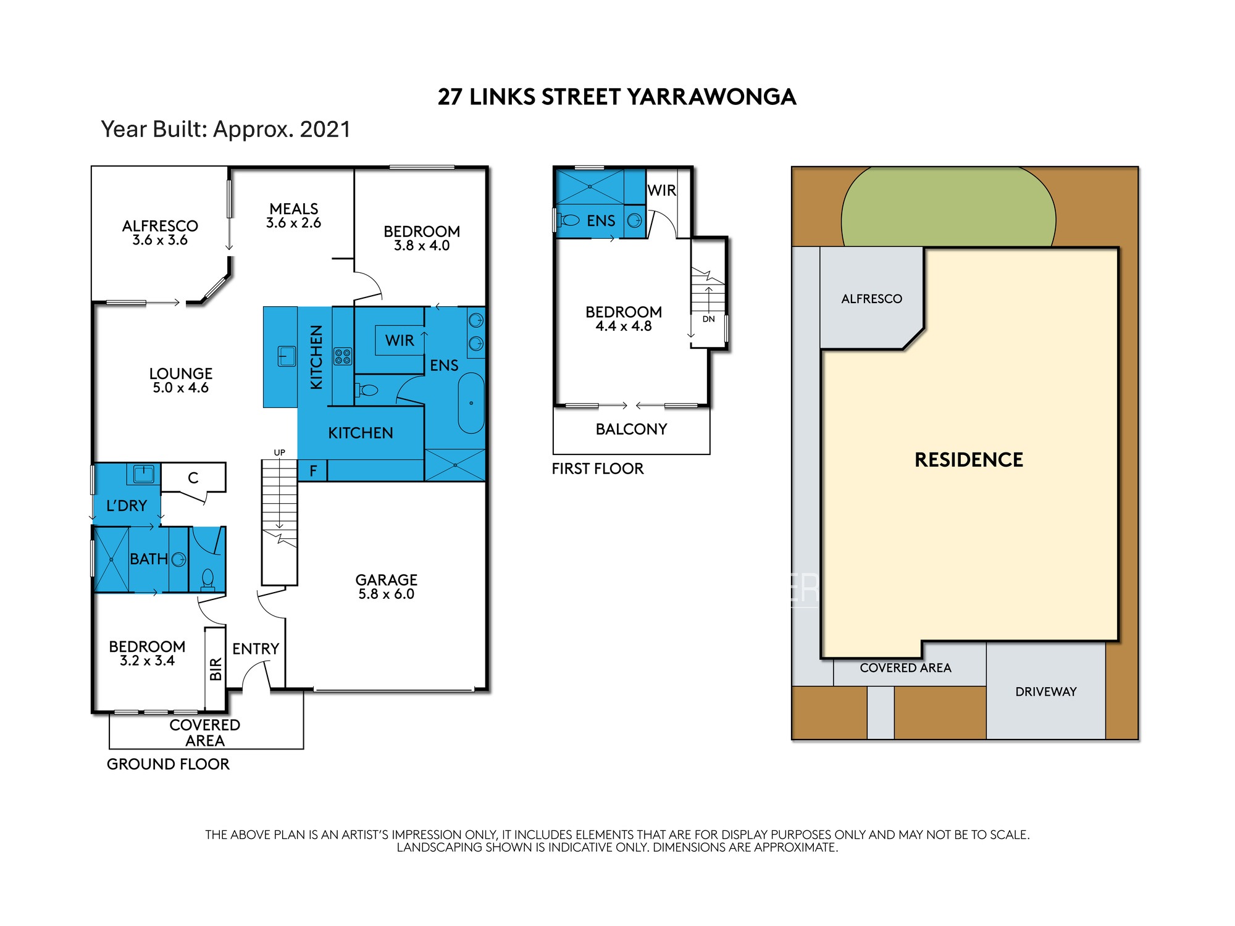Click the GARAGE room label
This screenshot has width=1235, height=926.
387,580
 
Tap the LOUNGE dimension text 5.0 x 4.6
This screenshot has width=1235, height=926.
181,388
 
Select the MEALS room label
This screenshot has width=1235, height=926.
294,209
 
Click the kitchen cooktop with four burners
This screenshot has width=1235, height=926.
343,356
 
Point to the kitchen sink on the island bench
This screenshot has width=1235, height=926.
287,356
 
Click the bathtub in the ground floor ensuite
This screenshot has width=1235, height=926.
471,403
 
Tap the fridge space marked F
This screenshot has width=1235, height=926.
313,471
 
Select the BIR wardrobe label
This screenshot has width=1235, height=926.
216,669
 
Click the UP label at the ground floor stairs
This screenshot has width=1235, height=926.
280,453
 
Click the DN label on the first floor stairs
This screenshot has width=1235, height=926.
709,319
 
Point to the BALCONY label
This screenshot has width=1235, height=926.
631,429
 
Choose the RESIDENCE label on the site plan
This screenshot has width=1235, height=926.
969,460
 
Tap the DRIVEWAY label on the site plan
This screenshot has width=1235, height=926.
1046,692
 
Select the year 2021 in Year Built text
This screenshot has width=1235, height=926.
325,130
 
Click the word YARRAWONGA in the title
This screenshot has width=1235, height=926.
711,97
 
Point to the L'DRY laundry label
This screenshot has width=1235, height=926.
127,506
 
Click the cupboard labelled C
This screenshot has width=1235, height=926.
193,478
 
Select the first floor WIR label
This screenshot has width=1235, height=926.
661,191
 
